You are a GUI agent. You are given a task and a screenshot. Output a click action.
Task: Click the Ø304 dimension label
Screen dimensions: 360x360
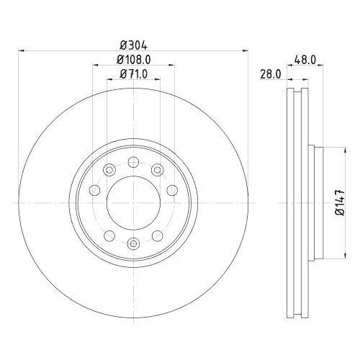point(133,45)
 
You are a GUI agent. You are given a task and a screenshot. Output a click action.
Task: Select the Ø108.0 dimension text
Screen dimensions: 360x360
point(134,60)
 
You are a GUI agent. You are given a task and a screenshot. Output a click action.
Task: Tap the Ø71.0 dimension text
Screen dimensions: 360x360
point(134,74)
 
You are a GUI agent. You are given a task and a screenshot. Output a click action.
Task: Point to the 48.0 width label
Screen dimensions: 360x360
point(305,60)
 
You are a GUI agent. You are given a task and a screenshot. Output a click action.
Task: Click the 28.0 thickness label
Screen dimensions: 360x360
point(270,74)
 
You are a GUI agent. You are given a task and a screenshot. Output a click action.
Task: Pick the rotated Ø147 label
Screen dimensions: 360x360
point(340,202)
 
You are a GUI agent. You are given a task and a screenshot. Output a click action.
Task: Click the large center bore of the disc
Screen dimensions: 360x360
point(133,203)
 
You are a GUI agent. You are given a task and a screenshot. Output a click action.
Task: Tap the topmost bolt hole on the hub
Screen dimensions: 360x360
point(133,162)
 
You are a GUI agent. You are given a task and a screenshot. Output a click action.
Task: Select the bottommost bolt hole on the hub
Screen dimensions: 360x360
point(133,243)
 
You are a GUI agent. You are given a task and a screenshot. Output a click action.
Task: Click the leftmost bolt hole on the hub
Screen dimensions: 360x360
point(94,190)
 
